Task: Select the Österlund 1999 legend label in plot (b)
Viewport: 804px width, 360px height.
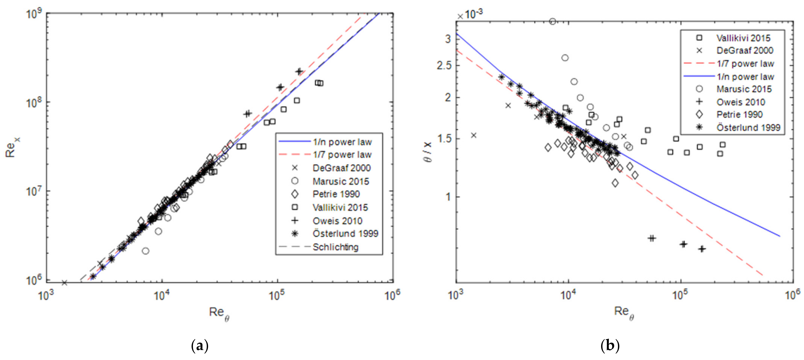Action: pos(748,127)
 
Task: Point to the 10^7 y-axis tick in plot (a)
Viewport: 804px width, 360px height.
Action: pos(35,191)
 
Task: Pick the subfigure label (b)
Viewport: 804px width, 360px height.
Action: pos(610,346)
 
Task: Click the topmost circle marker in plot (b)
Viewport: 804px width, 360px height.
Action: pos(552,21)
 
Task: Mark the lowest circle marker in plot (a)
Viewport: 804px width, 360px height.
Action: pos(145,251)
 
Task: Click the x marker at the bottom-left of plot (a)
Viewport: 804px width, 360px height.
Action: pos(65,283)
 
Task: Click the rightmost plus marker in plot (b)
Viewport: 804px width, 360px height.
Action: pos(702,249)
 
